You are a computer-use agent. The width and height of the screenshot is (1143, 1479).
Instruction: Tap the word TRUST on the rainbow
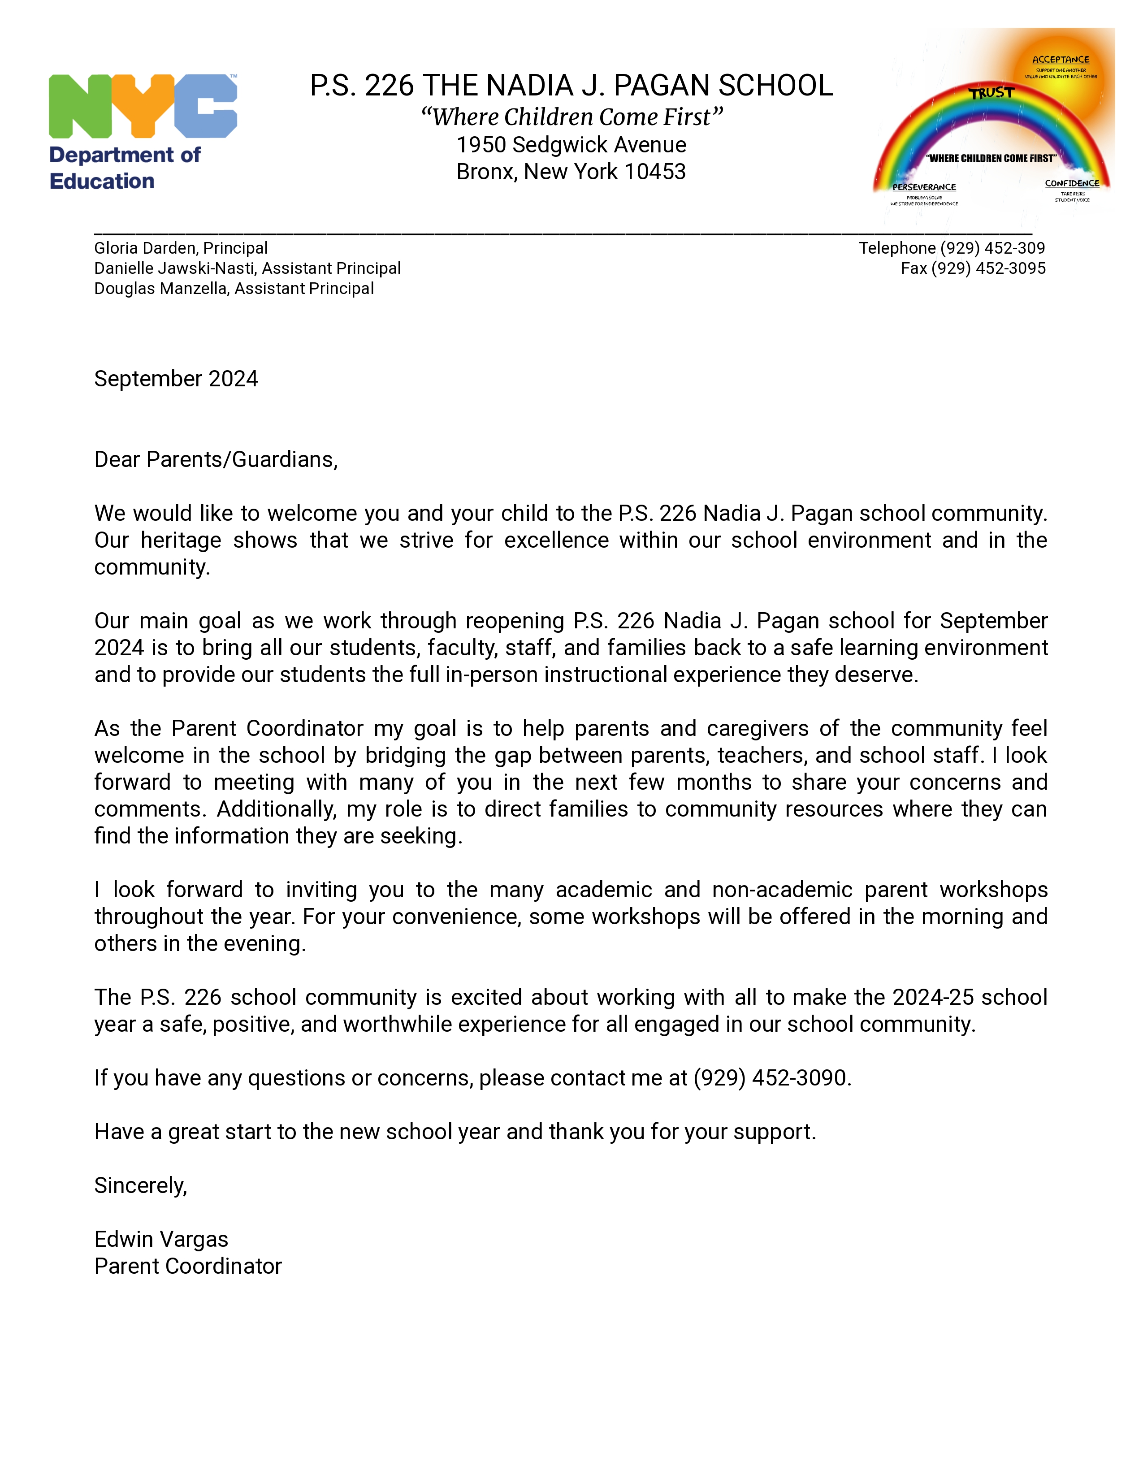(991, 93)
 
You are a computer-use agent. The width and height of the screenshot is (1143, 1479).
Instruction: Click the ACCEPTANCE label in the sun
(1061, 60)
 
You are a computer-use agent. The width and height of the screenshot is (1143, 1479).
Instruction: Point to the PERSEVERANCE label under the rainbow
(924, 187)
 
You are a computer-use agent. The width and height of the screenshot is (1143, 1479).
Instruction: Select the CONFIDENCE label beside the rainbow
(1072, 183)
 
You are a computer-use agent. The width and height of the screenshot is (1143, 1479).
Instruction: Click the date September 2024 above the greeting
(176, 379)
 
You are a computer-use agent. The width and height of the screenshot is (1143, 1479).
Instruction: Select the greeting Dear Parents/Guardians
(215, 460)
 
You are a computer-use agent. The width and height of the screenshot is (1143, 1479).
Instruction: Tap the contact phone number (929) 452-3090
(771, 1078)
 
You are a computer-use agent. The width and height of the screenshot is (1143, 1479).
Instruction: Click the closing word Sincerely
(140, 1186)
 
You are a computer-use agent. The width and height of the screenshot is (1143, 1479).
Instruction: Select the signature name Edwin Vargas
(161, 1239)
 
